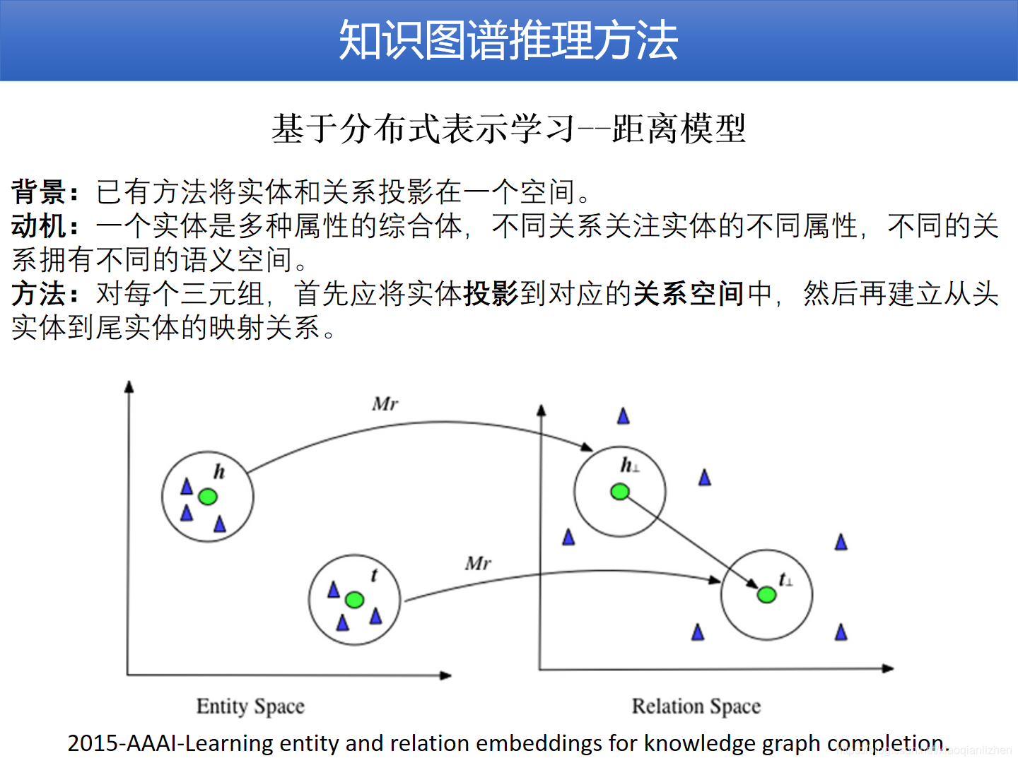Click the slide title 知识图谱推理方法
[508, 40]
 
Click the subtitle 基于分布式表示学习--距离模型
[508, 129]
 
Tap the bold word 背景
[40, 191]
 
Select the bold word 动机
[40, 226]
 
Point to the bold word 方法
[40, 294]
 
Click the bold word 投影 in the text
[491, 294]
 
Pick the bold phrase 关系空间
[689, 294]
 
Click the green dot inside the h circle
[207, 497]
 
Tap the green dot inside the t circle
[355, 600]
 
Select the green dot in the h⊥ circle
[620, 492]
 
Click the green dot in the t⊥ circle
[766, 595]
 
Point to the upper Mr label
[385, 404]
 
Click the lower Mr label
[478, 563]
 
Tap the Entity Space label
[250, 706]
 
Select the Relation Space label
[696, 706]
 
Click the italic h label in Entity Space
[219, 471]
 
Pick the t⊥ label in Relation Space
[785, 580]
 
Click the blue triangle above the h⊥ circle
[623, 416]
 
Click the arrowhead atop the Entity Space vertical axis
[129, 386]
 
